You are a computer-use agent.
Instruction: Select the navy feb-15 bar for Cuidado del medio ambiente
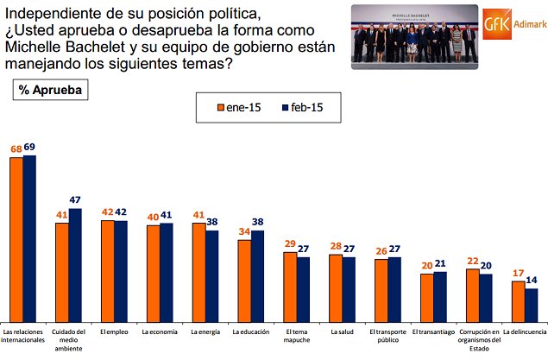pos(75,264)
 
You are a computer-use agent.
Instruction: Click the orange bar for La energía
pos(198,271)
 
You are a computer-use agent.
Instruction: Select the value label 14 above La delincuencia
pos(532,281)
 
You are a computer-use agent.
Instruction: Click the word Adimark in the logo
pos(528,25)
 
